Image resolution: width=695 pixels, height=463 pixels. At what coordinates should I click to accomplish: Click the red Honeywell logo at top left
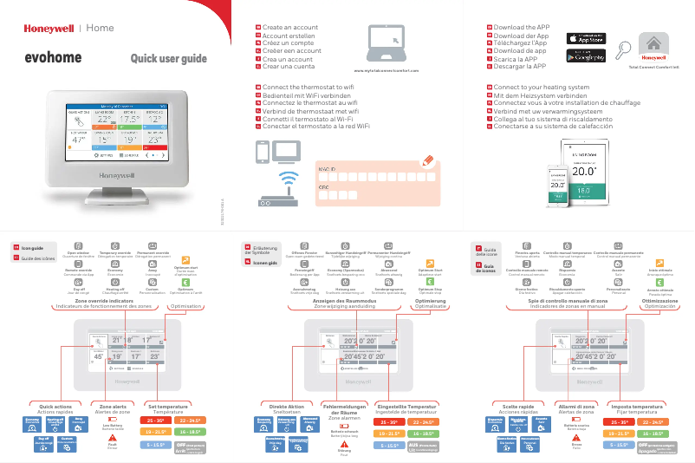48,28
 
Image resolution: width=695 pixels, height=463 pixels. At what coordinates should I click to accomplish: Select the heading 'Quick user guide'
168,59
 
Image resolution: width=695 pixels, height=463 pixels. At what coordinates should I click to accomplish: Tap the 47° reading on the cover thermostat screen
79,139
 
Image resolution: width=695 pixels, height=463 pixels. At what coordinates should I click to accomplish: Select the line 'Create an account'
289,28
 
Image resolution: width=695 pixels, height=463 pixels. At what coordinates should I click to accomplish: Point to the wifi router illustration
284,191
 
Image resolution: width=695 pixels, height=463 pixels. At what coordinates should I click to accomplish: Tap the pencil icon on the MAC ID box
425,160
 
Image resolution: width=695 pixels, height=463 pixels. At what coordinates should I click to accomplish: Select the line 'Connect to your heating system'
541,88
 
